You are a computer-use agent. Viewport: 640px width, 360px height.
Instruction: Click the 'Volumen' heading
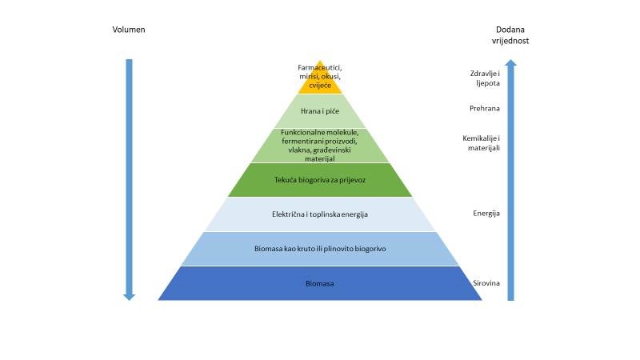tap(129, 30)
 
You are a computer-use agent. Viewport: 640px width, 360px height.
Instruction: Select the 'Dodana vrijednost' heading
tap(510, 35)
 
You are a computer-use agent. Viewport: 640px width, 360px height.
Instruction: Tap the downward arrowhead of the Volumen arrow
tap(129, 297)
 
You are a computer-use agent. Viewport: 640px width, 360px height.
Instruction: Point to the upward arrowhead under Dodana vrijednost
tap(510, 63)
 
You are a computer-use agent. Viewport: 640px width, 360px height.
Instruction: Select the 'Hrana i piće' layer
tap(320, 111)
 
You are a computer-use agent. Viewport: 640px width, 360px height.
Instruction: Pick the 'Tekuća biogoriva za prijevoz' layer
tap(320, 180)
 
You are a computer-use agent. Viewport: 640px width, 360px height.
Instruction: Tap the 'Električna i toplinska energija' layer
tap(320, 214)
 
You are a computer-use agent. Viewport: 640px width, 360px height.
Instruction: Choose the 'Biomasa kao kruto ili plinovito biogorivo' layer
tap(320, 249)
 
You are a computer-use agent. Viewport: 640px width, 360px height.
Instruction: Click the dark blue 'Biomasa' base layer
tap(320, 283)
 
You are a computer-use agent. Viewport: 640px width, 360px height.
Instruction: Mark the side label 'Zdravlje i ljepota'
tap(485, 78)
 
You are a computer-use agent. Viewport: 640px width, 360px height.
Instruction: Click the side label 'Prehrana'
tap(485, 108)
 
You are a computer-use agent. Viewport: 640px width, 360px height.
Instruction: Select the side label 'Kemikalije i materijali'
tap(482, 143)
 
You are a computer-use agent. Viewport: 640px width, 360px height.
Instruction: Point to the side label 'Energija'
tap(486, 214)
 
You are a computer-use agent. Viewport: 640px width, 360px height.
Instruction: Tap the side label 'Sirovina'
tap(486, 283)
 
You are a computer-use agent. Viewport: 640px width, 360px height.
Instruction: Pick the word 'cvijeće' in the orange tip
tap(320, 86)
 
